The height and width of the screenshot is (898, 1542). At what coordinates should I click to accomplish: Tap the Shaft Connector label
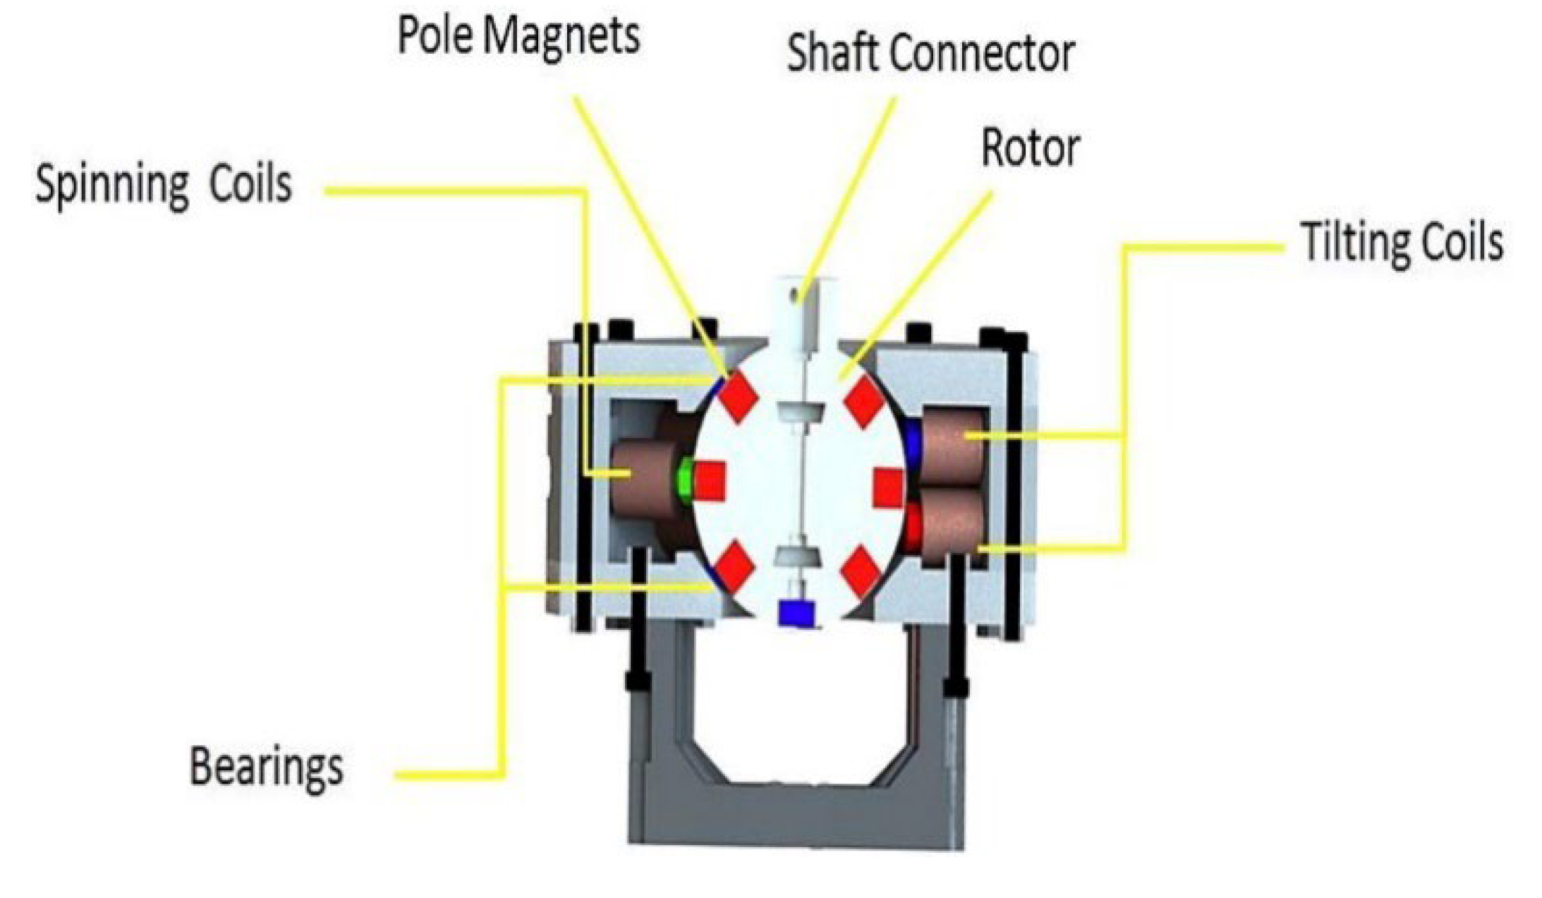(x=930, y=54)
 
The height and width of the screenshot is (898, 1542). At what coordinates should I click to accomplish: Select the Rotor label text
(x=1030, y=149)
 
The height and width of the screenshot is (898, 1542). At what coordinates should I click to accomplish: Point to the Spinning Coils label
(x=164, y=185)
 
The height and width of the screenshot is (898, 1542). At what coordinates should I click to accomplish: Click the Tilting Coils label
(x=1402, y=243)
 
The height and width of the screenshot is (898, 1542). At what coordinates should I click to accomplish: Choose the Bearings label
(x=267, y=767)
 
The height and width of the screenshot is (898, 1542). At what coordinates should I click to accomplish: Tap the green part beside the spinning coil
(x=684, y=481)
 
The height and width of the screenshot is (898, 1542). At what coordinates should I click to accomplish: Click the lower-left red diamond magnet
(x=734, y=566)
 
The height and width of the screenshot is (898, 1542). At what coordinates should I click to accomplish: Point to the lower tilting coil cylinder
(x=952, y=526)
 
